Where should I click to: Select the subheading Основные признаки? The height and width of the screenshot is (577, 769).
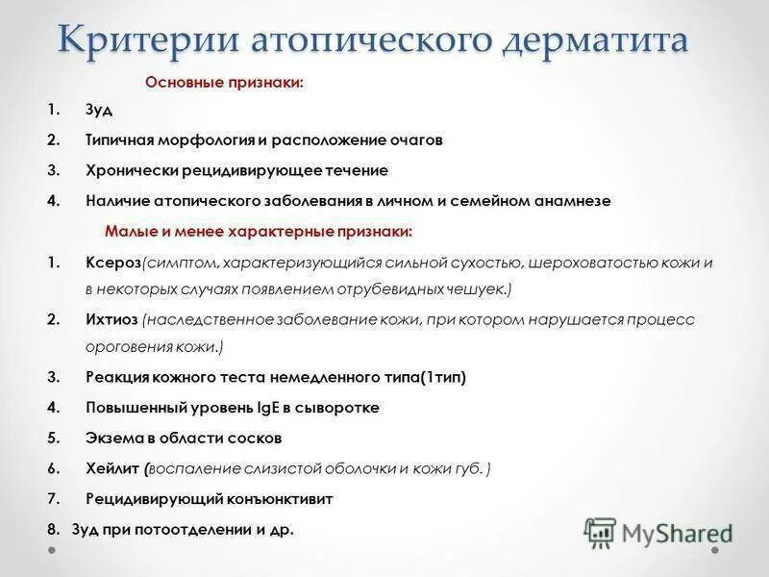(224, 83)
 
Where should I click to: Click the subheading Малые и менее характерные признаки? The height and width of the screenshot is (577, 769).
(259, 232)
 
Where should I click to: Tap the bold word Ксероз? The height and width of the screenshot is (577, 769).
(112, 263)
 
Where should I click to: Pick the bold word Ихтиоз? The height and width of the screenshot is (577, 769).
(112, 320)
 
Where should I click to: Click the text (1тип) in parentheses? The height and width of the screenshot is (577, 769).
(441, 378)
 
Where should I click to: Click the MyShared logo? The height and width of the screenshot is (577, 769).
(659, 532)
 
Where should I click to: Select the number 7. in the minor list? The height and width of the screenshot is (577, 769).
(54, 499)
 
